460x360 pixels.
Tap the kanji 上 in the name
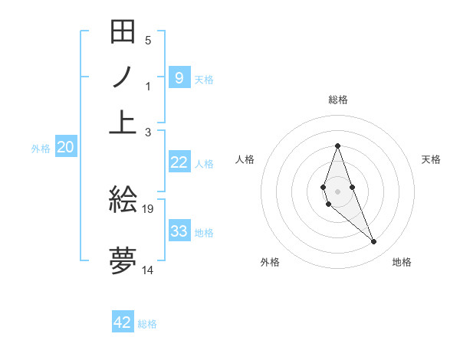point(123,121)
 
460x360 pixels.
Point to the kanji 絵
point(123,200)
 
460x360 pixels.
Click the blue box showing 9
point(179,77)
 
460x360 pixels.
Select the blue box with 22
point(179,162)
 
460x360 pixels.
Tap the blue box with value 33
point(179,231)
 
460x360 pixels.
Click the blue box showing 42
point(123,322)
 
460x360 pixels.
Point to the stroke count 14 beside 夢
point(148,270)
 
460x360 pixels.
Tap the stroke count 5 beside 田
point(148,41)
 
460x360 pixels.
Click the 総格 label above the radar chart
point(337,100)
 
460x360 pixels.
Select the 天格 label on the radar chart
point(431,159)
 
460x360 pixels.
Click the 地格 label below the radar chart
point(402,262)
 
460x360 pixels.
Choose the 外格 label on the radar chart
point(270,262)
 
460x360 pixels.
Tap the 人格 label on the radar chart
point(245,159)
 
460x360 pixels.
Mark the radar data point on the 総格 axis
point(337,146)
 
